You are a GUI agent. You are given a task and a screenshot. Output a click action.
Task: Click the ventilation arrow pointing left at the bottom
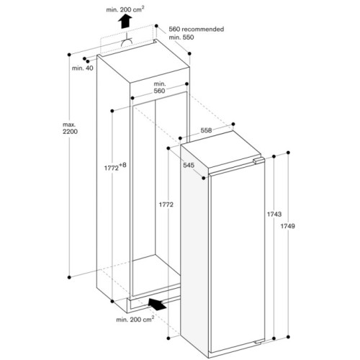pos(162,304)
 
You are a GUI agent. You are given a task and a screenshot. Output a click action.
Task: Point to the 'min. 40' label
pos(83,68)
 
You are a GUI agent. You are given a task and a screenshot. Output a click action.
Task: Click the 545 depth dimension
pos(189,166)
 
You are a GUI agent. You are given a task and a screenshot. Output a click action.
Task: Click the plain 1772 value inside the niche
pos(167,204)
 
